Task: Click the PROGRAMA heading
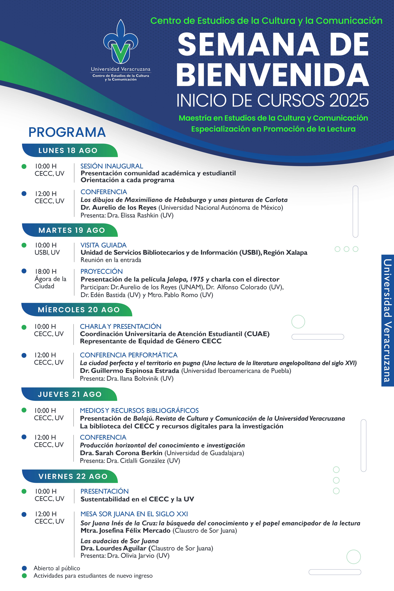tap(67, 132)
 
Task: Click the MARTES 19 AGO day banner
tap(72, 230)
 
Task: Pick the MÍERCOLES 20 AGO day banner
tap(79, 310)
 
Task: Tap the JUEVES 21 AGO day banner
tap(70, 394)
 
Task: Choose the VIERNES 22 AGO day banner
tap(73, 476)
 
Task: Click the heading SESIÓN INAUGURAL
tap(112, 166)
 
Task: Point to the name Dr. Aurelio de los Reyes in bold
tap(119, 208)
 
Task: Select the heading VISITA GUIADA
tap(103, 245)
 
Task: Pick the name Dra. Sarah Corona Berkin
tap(121, 453)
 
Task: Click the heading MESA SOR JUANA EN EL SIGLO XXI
tap(134, 514)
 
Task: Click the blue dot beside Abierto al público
tap(24, 568)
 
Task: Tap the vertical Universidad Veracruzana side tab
tap(387, 320)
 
